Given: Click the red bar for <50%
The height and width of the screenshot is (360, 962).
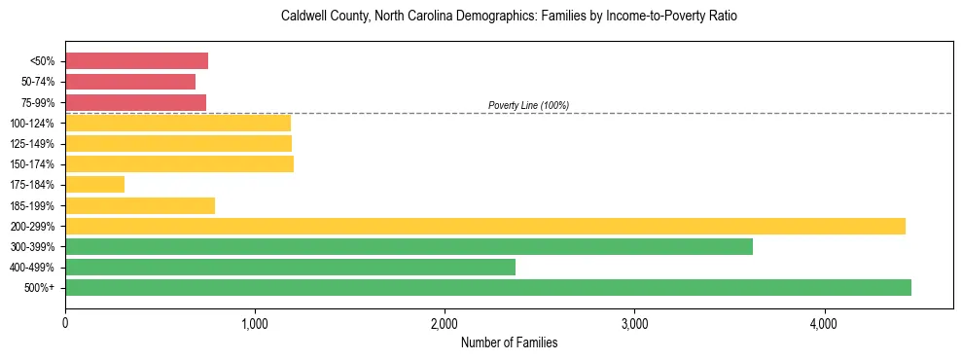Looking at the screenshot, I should coord(136,61).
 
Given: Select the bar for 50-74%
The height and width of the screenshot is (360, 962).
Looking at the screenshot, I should coord(130,82).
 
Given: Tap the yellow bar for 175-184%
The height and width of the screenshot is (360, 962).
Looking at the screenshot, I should coord(94,185).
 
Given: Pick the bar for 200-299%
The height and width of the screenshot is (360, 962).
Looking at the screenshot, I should coord(484,226).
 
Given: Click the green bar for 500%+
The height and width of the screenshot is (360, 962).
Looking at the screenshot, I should coord(487,287).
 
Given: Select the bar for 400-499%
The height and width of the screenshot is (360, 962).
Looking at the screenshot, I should coord(290,267).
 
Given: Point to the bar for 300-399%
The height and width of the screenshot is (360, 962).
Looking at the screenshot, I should coord(409,246).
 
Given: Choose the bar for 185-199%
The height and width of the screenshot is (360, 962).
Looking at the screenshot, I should coord(140,205).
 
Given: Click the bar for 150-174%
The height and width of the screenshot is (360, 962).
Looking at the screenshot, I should coord(179,164).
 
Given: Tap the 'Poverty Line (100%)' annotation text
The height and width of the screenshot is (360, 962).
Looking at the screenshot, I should coord(528,105).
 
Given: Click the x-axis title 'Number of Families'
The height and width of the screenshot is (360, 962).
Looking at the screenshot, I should coord(509,342).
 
